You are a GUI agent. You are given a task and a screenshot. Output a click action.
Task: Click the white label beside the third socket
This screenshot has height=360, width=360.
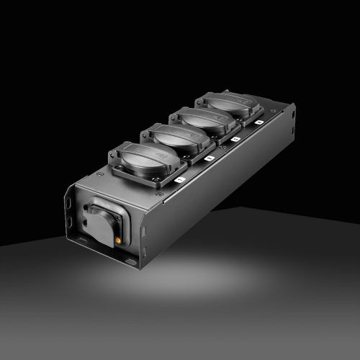pyautogui.click(x=235, y=138)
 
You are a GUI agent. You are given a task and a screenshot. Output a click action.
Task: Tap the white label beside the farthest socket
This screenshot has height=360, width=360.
pyautogui.click(x=258, y=123)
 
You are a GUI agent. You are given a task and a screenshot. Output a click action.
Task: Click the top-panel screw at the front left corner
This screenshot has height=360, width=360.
pyautogui.click(x=98, y=174)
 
